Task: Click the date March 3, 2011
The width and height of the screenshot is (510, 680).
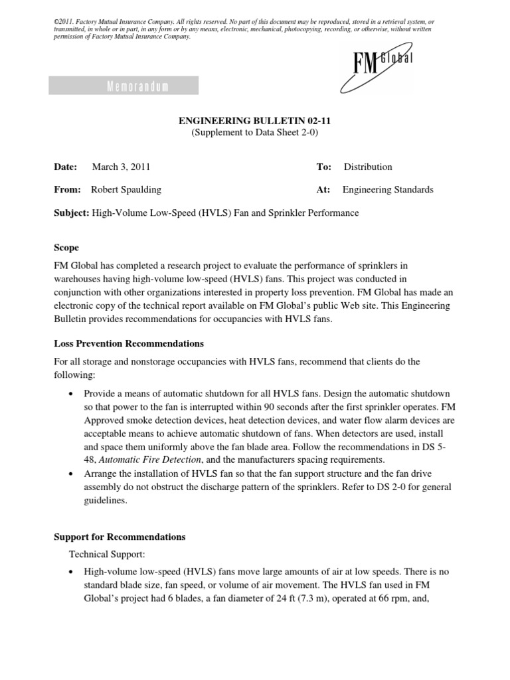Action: coord(130,167)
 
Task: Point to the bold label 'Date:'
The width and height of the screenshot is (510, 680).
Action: coord(65,167)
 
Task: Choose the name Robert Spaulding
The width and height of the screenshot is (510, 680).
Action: coord(126,190)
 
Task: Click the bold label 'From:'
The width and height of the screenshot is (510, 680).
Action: coord(66,190)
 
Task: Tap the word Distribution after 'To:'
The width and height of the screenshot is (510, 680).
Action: coord(368,167)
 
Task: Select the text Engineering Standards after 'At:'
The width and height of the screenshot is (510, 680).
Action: coord(388,190)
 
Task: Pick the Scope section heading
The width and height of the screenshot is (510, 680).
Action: coord(66,248)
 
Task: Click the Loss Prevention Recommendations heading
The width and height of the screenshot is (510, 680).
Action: coord(128,344)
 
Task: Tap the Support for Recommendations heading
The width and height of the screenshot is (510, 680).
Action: coord(120,537)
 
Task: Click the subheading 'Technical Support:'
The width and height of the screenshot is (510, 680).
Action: coord(103,552)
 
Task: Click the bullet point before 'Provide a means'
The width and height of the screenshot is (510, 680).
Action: coord(72,394)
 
